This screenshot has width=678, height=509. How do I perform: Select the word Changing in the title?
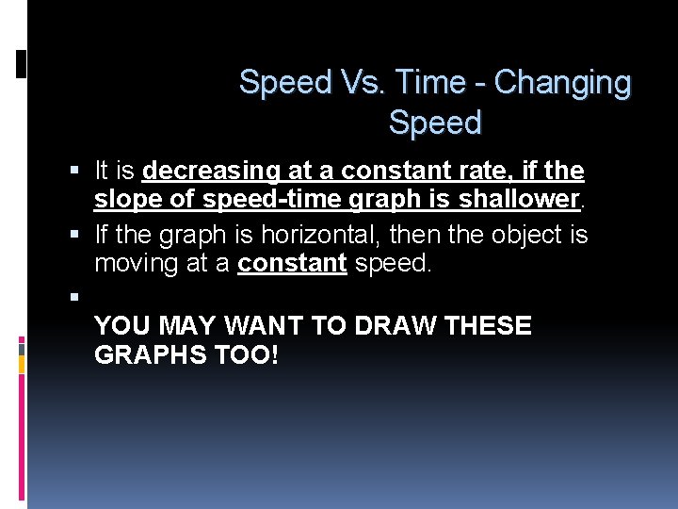[562, 83]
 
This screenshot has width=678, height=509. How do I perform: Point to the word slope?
[123, 200]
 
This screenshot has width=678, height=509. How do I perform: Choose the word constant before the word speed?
[292, 263]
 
